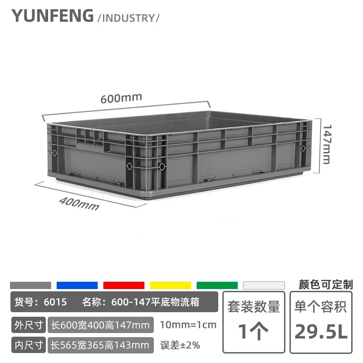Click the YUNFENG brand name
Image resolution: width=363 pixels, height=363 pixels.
tap(53, 16)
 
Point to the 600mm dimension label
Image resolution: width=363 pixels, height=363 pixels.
tap(121, 98)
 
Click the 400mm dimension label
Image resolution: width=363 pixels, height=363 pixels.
tap(79, 203)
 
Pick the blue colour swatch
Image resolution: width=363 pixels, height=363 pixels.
tap(77, 285)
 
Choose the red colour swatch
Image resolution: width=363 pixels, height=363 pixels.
tap(124, 285)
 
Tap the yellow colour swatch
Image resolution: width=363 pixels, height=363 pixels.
tap(171, 285)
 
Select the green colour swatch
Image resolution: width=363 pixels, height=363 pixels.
tap(217, 285)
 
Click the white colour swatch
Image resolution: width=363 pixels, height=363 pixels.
tap(264, 285)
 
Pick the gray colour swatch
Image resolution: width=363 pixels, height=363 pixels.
tap(30, 285)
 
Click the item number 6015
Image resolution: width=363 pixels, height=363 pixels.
tap(55, 302)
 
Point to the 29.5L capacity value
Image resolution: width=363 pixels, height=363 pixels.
tap(321, 332)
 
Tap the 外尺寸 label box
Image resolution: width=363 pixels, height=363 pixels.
tap(29, 325)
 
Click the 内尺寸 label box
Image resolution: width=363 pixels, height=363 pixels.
tap(29, 345)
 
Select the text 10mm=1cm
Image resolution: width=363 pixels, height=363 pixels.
tap(188, 325)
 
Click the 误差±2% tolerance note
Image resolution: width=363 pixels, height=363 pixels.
tap(180, 345)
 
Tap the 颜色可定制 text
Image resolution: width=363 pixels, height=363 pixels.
tap(326, 285)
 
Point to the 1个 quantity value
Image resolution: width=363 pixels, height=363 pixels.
tap(253, 332)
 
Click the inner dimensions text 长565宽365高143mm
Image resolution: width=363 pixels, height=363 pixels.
tap(100, 345)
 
